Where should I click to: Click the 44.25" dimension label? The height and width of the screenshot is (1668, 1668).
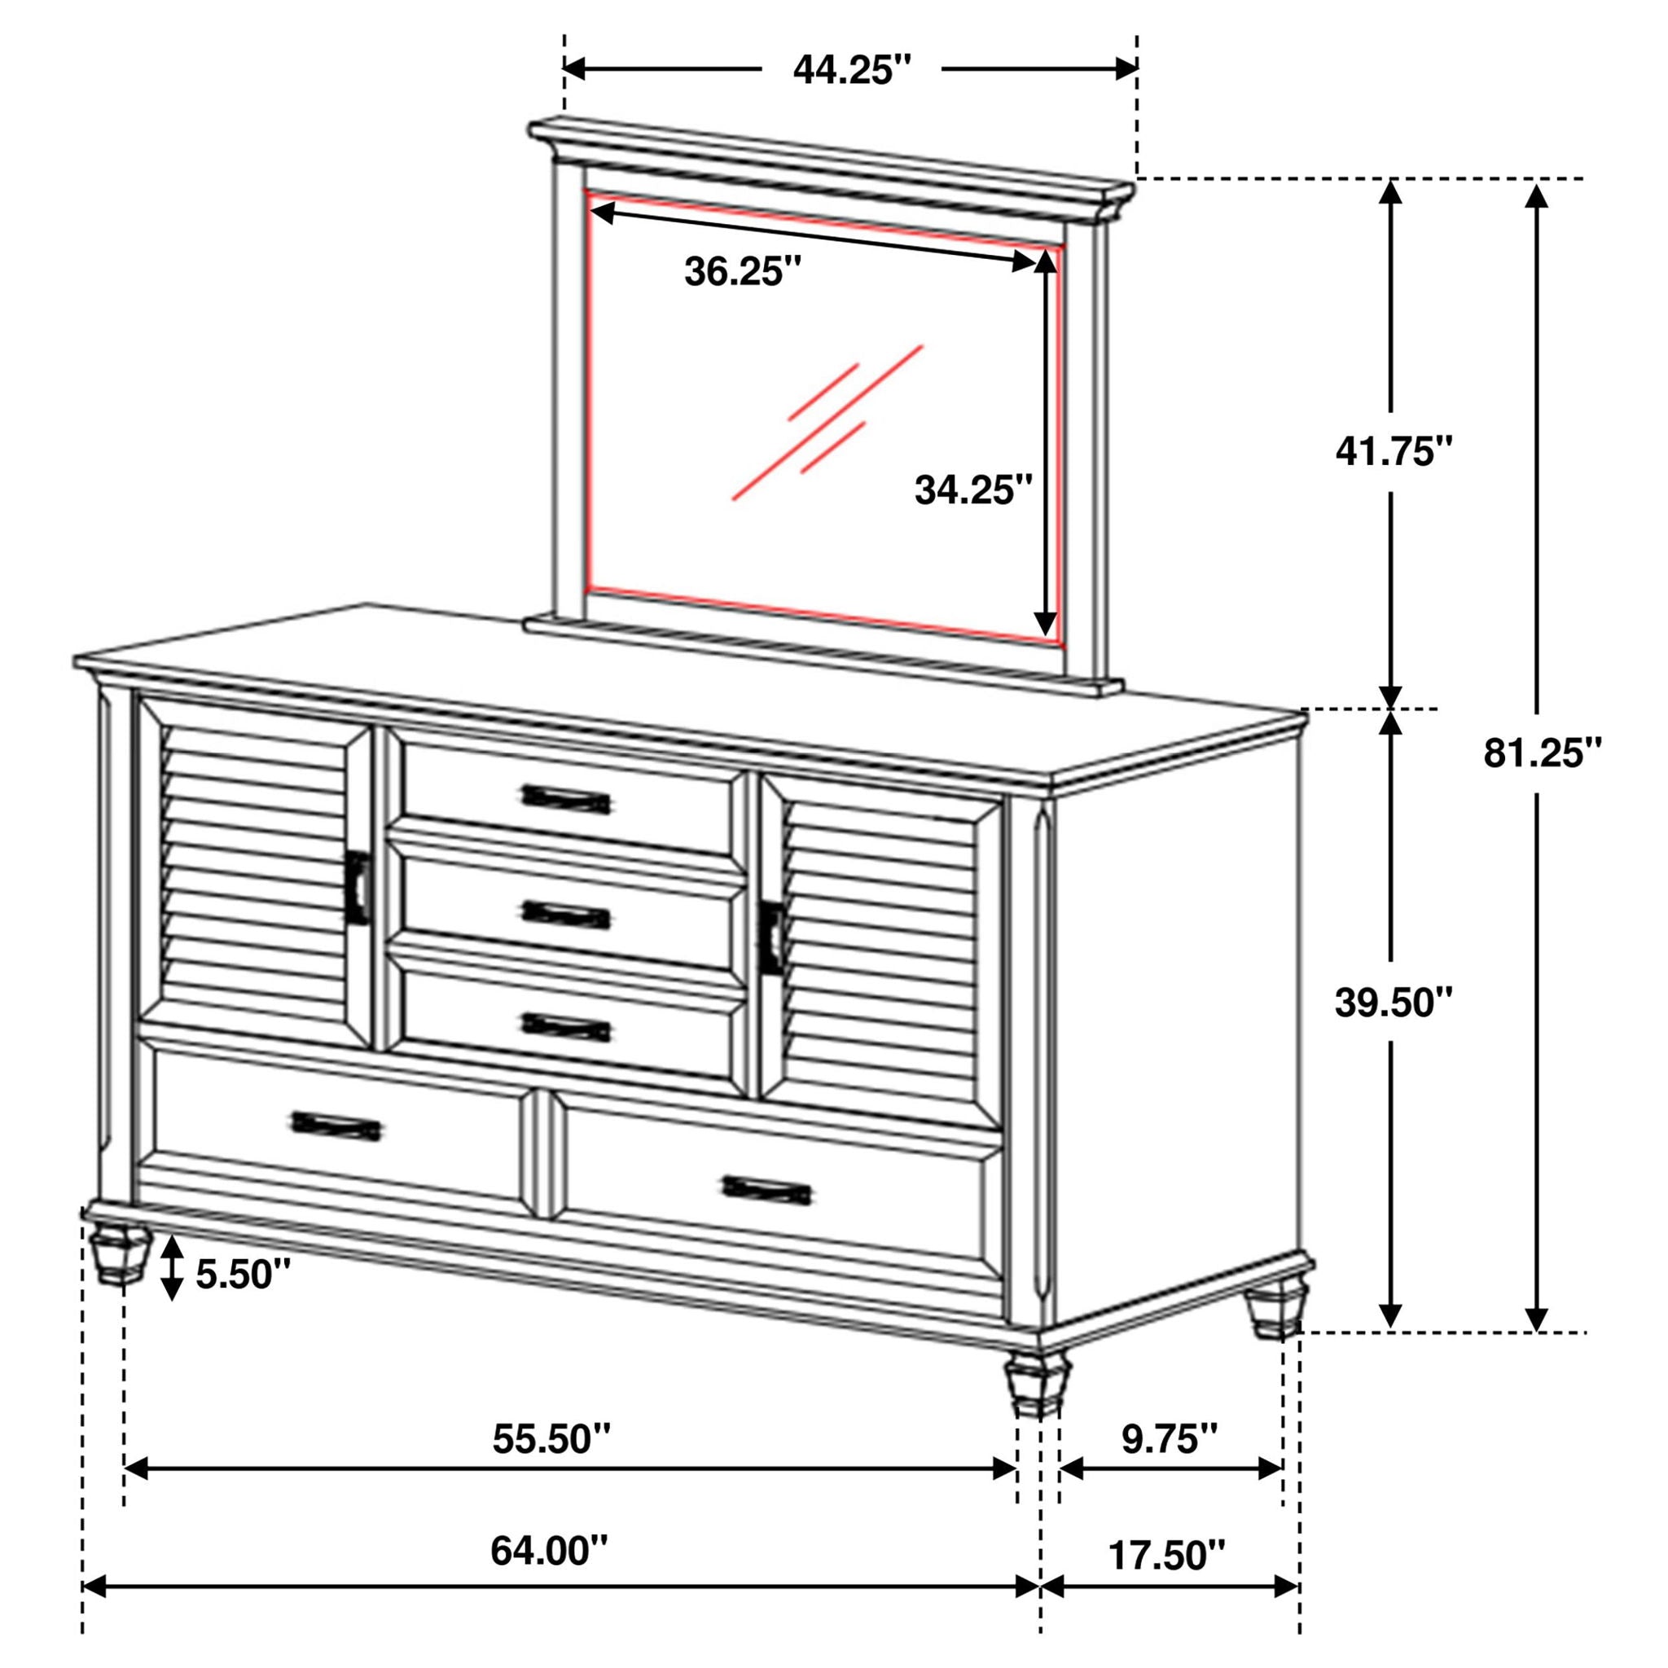tap(851, 70)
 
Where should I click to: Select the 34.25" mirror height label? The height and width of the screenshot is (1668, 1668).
tap(973, 491)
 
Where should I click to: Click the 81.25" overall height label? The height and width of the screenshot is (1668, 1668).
tap(1543, 753)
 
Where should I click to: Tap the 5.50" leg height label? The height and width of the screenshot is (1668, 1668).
tap(243, 1275)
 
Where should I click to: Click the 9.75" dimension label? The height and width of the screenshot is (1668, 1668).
tap(1170, 1439)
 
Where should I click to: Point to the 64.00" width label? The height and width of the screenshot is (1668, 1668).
tap(549, 1552)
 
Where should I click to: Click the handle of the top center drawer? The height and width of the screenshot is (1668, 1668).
tap(566, 800)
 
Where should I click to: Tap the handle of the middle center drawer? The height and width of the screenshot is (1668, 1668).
tap(566, 915)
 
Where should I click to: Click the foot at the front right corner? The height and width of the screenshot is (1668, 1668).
tap(1034, 1385)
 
